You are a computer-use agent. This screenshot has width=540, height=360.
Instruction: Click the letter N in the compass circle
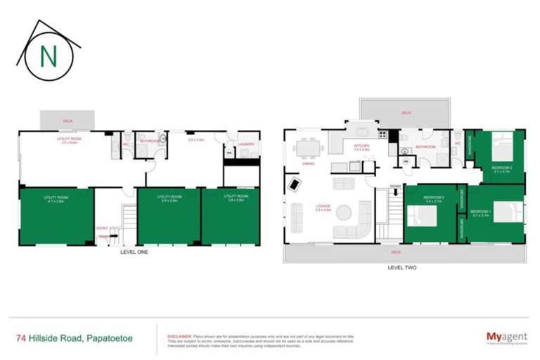[x=49, y=56]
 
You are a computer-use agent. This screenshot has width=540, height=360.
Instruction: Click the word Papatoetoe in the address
[x=113, y=338]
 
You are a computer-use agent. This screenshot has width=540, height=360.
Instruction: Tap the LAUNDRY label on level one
[x=246, y=144]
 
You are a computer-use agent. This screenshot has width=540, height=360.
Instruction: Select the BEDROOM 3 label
[x=433, y=198]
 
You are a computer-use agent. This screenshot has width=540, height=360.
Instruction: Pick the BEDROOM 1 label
[x=481, y=211]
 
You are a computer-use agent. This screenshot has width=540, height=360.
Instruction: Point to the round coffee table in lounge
[x=344, y=212]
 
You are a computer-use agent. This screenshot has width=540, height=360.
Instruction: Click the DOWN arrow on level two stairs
[x=395, y=186]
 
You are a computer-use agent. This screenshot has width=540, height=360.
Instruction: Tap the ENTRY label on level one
[x=103, y=229]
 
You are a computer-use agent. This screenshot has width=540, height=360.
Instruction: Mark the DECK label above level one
[x=67, y=121]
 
